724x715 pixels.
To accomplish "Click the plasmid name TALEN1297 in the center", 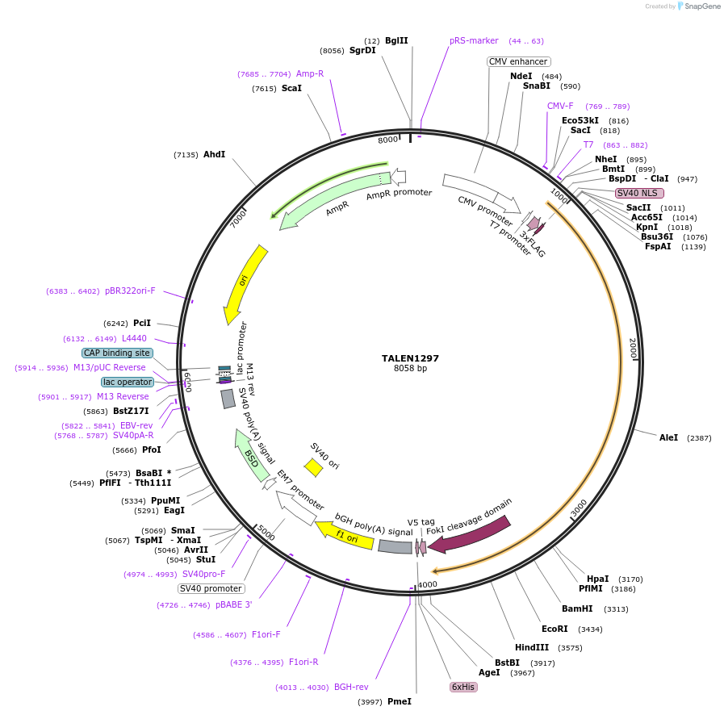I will [410, 358].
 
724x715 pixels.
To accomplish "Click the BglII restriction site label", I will [396, 40].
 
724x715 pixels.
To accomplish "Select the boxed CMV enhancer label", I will [518, 61].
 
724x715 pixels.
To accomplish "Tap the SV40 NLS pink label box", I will [639, 193].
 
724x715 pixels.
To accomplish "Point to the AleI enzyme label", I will [668, 437].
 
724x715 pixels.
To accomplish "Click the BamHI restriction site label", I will [577, 609].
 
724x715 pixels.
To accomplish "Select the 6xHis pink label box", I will [463, 687].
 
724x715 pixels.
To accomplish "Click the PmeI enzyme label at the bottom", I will [399, 701].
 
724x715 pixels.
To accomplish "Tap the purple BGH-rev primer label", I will [351, 688].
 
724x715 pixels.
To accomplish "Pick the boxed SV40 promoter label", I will [211, 588].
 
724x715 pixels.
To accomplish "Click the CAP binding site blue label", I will [117, 353].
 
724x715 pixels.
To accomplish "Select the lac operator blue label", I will [127, 382].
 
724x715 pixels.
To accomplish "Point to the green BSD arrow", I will [251, 455].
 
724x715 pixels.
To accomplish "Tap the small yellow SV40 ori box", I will [313, 467].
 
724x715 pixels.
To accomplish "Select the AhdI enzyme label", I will [214, 154].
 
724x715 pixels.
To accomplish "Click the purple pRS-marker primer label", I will [474, 40].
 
